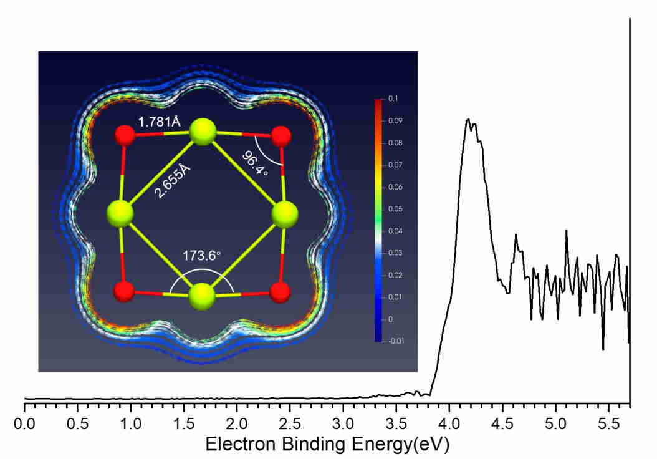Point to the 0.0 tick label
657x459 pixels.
click(x=25, y=425)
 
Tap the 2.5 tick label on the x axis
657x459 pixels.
click(x=289, y=425)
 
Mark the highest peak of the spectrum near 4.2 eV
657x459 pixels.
click(x=468, y=119)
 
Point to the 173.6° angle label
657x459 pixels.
click(x=202, y=256)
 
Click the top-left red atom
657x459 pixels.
click(x=125, y=135)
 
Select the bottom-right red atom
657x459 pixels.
click(x=281, y=291)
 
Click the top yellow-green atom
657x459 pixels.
click(x=203, y=133)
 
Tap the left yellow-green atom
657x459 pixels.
click(x=120, y=214)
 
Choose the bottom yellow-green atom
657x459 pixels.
click(x=202, y=294)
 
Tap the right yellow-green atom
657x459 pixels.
click(x=285, y=214)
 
